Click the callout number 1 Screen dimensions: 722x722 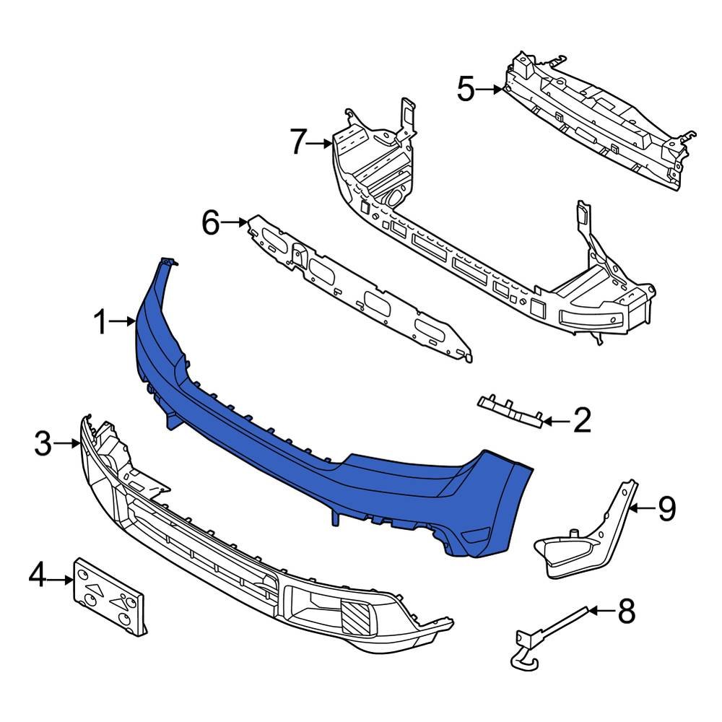tap(103, 323)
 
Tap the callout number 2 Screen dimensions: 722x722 tap(582, 420)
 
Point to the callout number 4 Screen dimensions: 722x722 tap(39, 577)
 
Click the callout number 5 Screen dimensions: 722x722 tap(466, 90)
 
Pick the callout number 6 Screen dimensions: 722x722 tap(211, 223)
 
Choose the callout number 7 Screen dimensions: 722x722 tap(299, 143)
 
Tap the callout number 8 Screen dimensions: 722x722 tap(626, 612)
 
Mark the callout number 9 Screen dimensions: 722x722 tap(666, 509)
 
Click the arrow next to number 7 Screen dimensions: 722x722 tap(320, 144)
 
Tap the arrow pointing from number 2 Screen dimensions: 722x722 tap(554, 420)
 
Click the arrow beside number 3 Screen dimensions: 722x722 tap(71, 443)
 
